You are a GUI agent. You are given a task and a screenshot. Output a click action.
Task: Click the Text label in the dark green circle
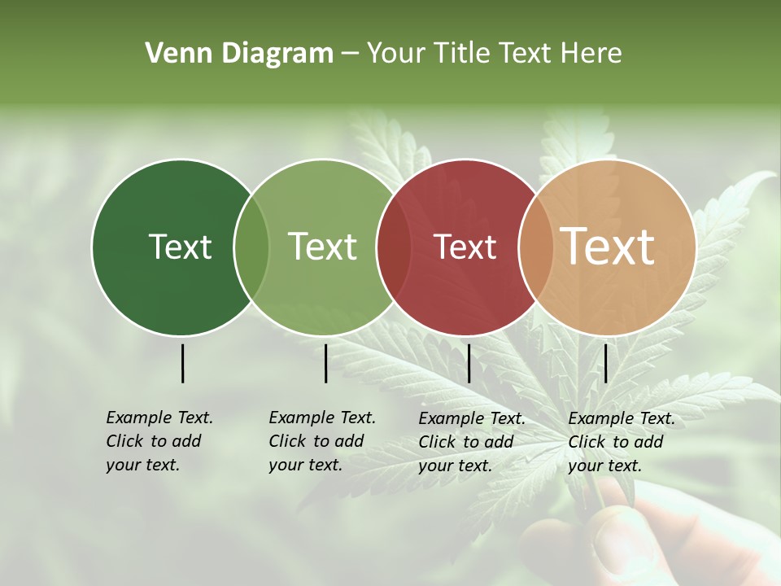tap(180, 247)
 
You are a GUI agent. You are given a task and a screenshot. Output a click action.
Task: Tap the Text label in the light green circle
tap(322, 247)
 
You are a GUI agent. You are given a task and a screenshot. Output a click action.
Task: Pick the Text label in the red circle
tap(465, 247)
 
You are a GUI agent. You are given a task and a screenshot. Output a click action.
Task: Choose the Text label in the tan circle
tap(608, 246)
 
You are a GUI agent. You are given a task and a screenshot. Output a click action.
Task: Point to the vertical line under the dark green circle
tap(182, 363)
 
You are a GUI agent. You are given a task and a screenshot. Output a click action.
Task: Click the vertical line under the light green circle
tap(325, 363)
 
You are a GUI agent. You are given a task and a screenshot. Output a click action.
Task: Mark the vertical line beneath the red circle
tap(469, 363)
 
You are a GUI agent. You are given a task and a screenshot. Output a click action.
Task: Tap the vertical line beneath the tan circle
tap(605, 363)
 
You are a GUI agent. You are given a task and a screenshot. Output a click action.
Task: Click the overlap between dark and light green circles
tap(251, 247)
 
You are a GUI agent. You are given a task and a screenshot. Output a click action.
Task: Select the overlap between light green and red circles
tap(394, 247)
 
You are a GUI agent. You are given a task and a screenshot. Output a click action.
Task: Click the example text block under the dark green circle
tap(159, 441)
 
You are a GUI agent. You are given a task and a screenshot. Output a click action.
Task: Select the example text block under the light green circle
tap(322, 441)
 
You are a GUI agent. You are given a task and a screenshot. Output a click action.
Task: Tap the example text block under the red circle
tap(472, 442)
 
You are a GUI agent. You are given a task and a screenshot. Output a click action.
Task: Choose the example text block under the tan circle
tap(622, 442)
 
